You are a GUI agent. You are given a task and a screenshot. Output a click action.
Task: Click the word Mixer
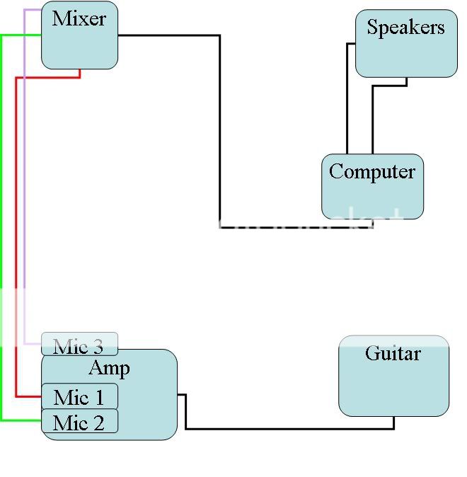pyautogui.click(x=79, y=19)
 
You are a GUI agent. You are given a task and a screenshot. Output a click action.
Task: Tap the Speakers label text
pyautogui.click(x=405, y=28)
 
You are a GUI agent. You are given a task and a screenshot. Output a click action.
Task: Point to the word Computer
pyautogui.click(x=372, y=172)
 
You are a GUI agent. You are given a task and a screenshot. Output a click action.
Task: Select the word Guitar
pyautogui.click(x=393, y=353)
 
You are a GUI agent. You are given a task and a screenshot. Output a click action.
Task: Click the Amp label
pyautogui.click(x=109, y=368)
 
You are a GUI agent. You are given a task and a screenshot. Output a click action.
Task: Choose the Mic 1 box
pyautogui.click(x=79, y=397)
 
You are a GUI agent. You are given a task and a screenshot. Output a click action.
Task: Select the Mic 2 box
pyautogui.click(x=79, y=423)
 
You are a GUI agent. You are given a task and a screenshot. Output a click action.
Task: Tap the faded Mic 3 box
pyautogui.click(x=79, y=345)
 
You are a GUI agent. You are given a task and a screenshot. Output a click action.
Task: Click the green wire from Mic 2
pyautogui.click(x=1, y=212)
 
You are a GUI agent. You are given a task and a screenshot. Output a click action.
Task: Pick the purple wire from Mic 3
pyautogui.click(x=25, y=177)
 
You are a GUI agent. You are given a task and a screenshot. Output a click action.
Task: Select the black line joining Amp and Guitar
pyautogui.click(x=283, y=428)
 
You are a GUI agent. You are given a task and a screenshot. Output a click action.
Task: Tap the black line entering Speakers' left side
pyautogui.click(x=347, y=99)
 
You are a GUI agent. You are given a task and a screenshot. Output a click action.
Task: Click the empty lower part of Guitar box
pyautogui.click(x=393, y=393)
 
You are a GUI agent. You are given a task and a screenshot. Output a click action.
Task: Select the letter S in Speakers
pyautogui.click(x=372, y=28)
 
